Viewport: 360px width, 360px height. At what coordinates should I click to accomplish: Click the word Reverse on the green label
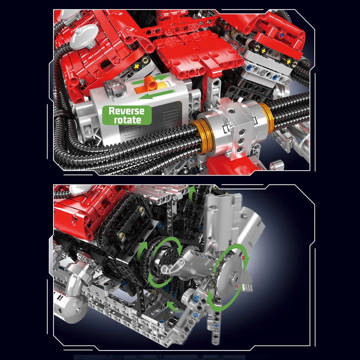coord(126,111)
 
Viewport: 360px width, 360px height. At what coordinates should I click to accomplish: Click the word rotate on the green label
coord(127,120)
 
